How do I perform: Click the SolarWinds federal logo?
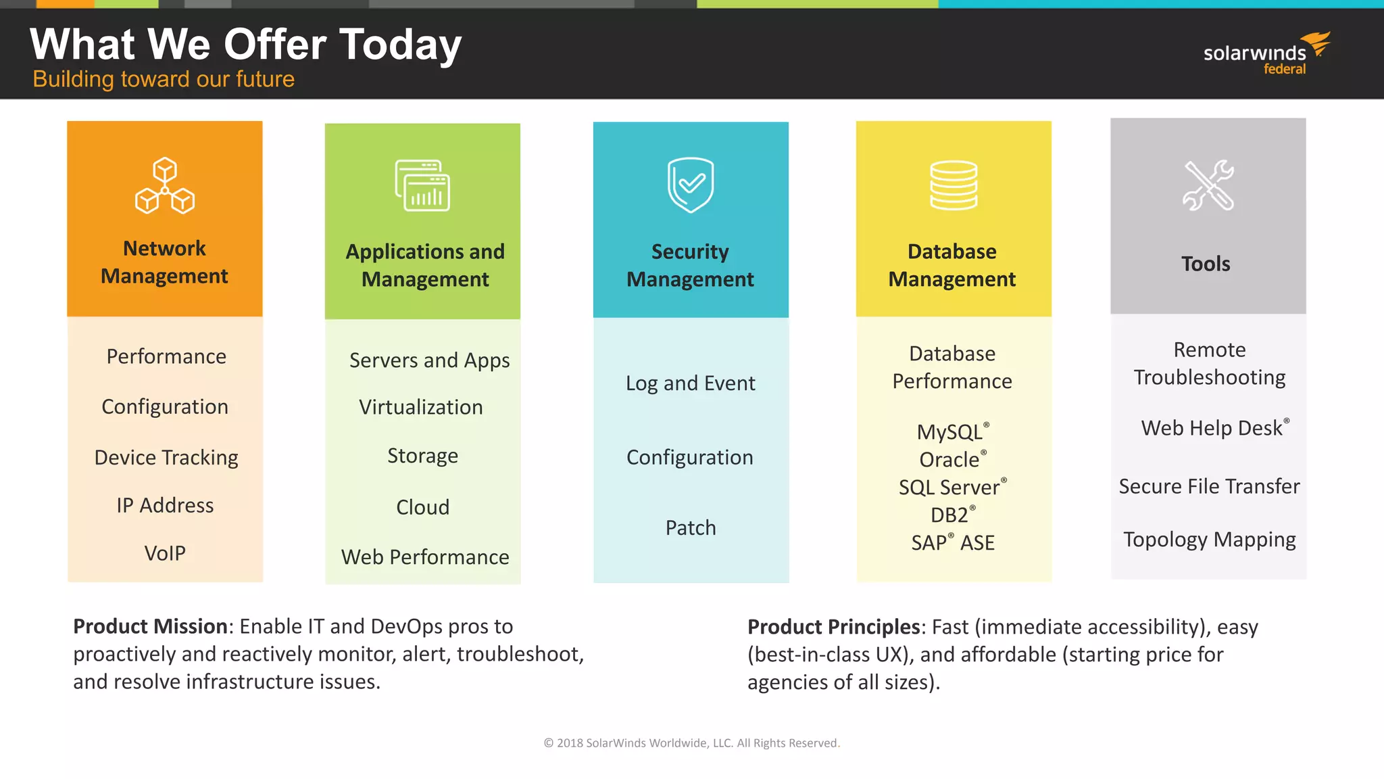(1266, 54)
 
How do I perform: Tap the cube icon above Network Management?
(165, 186)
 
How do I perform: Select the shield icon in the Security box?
(691, 185)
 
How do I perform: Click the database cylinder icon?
(953, 185)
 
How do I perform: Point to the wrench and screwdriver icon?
(1208, 185)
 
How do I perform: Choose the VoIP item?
(165, 553)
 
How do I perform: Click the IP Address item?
(165, 505)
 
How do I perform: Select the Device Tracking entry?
(166, 458)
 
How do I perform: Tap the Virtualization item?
(421, 407)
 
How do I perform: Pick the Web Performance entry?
(425, 557)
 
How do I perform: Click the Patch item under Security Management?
(691, 527)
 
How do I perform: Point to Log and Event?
(691, 383)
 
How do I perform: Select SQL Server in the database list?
(950, 488)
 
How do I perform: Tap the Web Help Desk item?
(1212, 428)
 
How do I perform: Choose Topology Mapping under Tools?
(1209, 540)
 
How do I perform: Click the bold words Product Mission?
(150, 626)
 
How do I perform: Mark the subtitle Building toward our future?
(164, 79)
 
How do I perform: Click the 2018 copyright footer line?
(691, 743)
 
